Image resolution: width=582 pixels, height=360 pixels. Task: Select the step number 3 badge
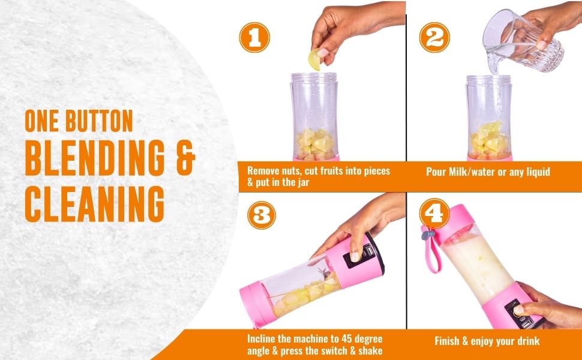[x=260, y=215]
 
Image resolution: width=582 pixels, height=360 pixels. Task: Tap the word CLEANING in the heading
[x=94, y=203]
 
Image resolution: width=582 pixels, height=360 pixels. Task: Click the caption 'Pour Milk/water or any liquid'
[x=488, y=172]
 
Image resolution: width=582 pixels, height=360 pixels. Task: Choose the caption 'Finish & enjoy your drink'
[x=487, y=341]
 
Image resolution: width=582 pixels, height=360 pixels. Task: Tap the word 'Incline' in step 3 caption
[x=262, y=338]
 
